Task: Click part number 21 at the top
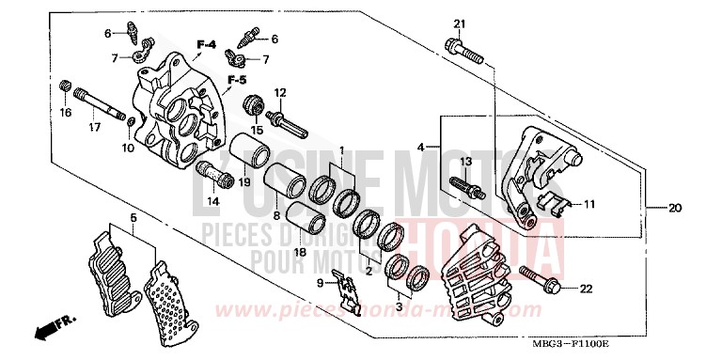(460, 23)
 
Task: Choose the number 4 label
(422, 148)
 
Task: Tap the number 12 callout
(279, 92)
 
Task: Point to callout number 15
(256, 130)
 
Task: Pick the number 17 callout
(95, 128)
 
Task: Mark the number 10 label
(129, 148)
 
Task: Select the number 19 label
(243, 181)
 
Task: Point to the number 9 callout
(320, 282)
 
